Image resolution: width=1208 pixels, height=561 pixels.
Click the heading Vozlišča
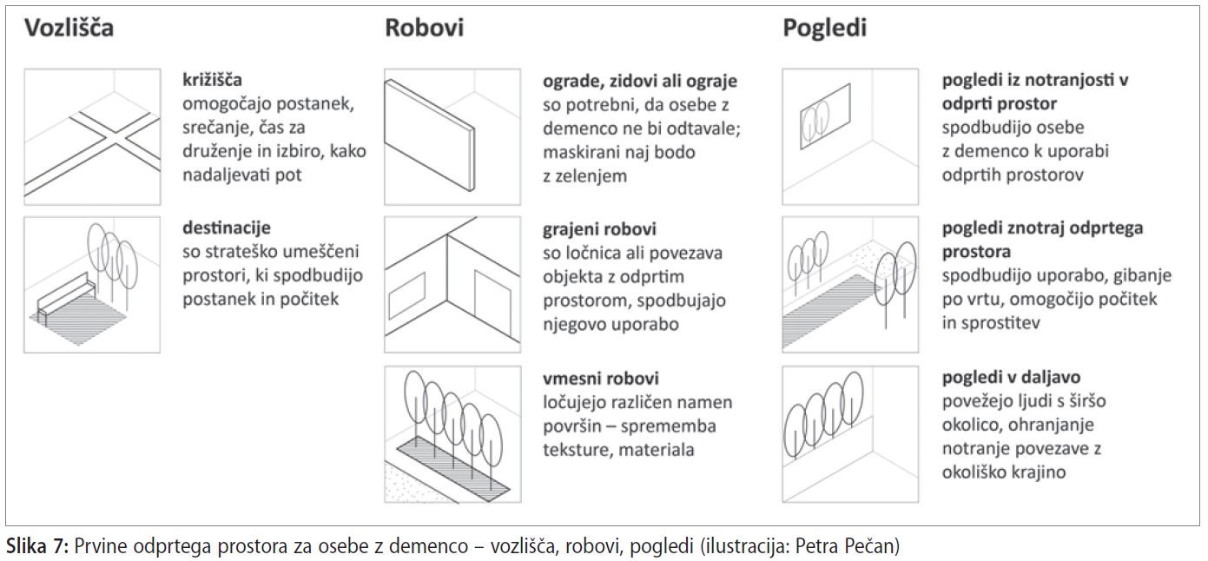(69, 28)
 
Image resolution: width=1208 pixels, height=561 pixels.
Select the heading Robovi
(424, 28)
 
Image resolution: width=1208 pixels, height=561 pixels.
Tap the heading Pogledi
(824, 29)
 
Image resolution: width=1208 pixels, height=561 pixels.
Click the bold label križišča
(212, 80)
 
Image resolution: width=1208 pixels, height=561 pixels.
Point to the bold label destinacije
(227, 228)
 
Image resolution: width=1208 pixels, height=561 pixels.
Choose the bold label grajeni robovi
(599, 230)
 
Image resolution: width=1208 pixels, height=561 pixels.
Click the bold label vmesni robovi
(601, 378)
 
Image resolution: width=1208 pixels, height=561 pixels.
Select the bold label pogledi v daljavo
(1011, 378)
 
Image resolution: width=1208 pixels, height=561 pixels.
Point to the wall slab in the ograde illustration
(429, 135)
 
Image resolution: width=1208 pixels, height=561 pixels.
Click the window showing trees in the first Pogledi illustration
(825, 116)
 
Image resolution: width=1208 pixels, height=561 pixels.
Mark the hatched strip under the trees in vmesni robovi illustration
(453, 469)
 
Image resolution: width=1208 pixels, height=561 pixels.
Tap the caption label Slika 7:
(37, 546)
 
